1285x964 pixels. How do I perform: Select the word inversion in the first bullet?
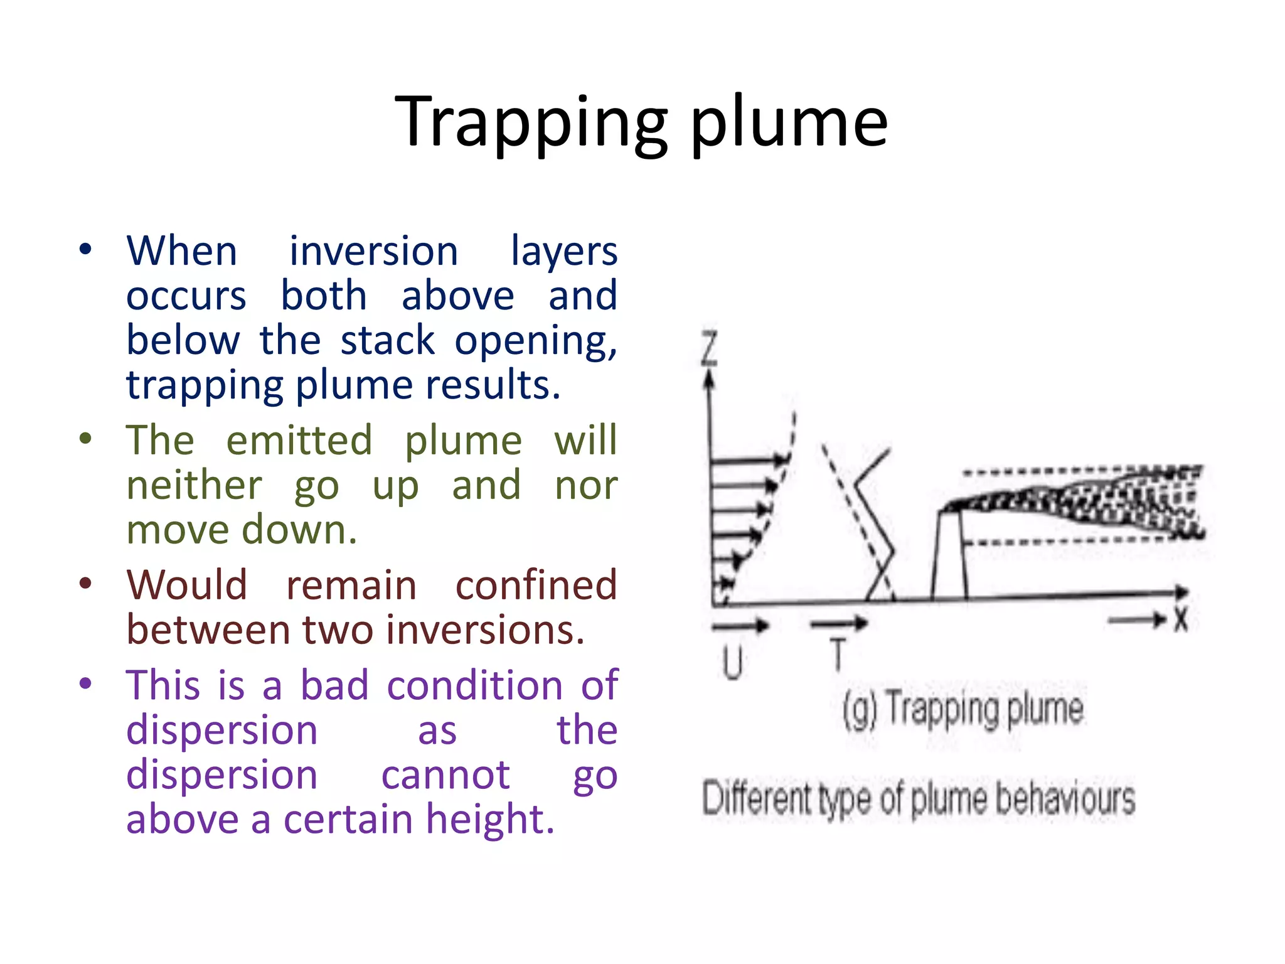point(373,251)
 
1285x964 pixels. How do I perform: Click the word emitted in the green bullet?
point(299,440)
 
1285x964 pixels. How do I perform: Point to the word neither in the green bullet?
point(195,485)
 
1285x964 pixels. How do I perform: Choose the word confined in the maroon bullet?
point(536,585)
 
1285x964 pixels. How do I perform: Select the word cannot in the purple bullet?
point(445,775)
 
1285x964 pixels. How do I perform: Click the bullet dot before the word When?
point(86,250)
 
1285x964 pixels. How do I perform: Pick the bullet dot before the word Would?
point(86,584)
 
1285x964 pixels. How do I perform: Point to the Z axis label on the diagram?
point(709,349)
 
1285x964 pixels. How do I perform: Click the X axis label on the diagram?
point(1181,620)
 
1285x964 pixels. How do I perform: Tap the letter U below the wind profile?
point(732,663)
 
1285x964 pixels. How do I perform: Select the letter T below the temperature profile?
point(838,654)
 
